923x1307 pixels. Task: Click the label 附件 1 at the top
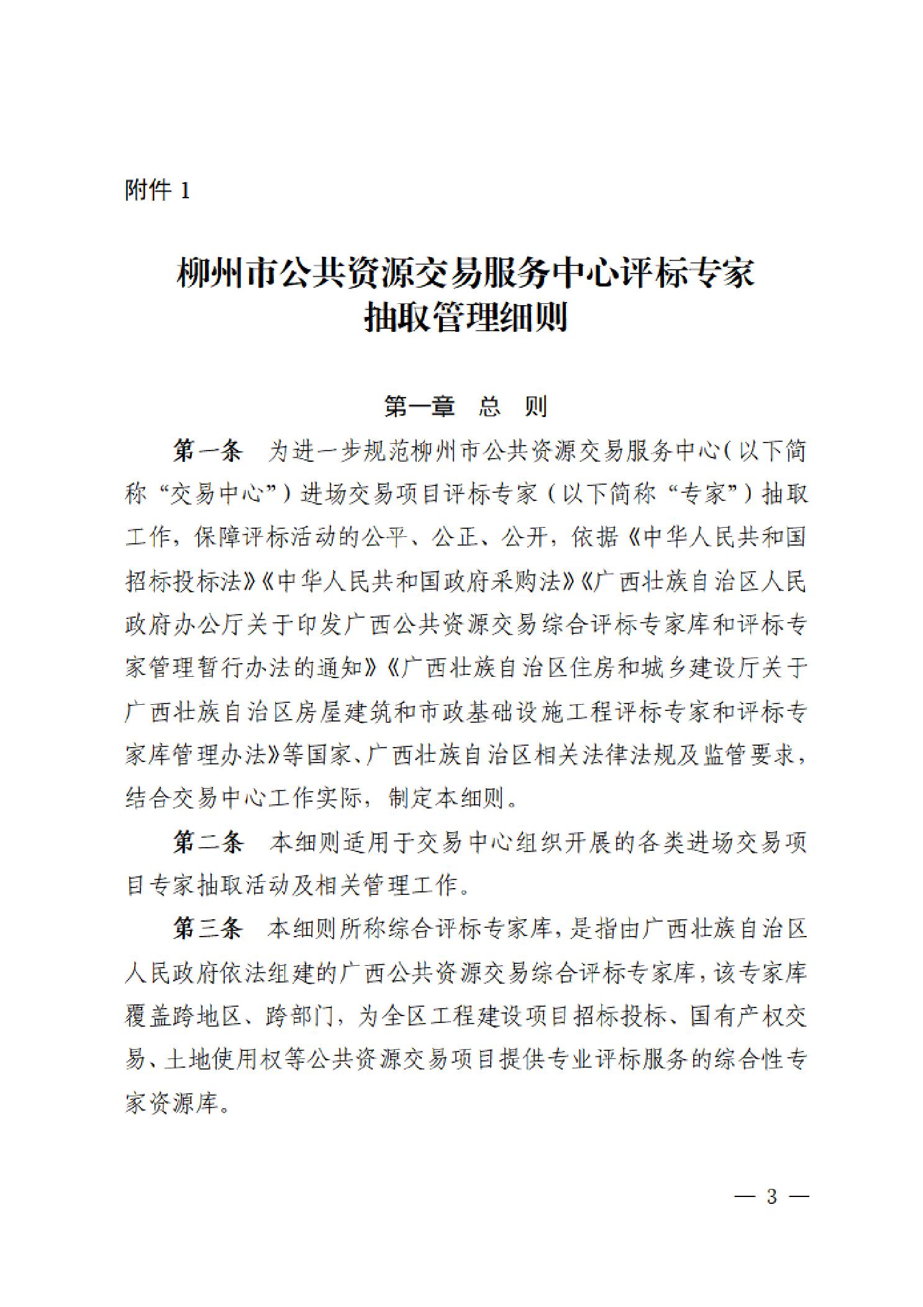[x=157, y=190]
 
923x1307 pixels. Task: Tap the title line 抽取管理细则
[x=465, y=318]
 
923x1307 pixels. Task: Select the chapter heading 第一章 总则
[x=465, y=407]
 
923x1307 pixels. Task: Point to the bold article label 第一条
[x=207, y=452]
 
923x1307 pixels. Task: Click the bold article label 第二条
[x=207, y=842]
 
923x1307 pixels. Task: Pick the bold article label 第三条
[x=207, y=929]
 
